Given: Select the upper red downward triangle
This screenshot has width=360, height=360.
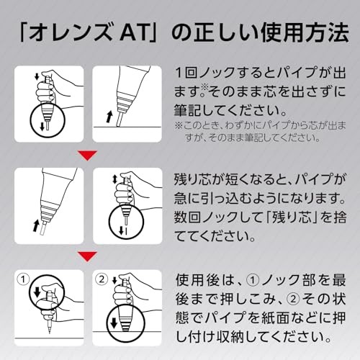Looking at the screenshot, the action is point(88,156).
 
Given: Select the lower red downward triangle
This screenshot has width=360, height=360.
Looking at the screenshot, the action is point(88,256).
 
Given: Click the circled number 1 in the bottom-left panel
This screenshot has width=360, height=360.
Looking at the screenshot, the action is point(23,279).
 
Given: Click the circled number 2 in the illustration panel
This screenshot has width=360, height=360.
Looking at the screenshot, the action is point(102,279).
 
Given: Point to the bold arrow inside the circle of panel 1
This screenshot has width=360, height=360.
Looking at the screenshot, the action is point(37,292).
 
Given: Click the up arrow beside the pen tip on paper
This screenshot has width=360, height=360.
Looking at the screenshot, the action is point(109,117).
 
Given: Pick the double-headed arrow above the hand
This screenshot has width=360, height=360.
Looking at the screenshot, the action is point(114,179).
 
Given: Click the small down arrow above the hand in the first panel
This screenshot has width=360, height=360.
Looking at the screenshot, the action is point(37,76).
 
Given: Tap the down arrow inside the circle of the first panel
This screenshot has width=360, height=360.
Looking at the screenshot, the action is point(42,126).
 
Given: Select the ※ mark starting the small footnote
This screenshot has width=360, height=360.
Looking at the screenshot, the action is point(178,125).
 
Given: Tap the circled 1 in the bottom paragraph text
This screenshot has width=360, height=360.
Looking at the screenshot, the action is point(253,280).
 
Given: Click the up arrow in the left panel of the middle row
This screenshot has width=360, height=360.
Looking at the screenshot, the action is point(36,226).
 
